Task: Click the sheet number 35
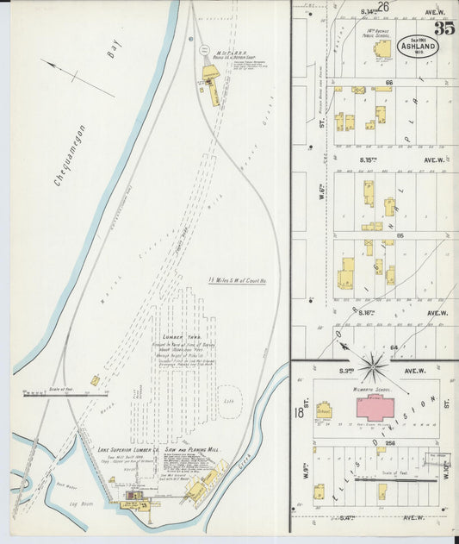[443, 28]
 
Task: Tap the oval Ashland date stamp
[417, 46]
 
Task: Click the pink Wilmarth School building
[375, 406]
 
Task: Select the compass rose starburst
[373, 367]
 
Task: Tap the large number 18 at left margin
[298, 412]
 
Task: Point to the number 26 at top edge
[382, 7]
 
